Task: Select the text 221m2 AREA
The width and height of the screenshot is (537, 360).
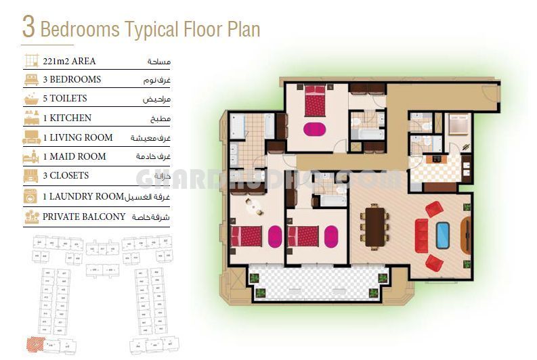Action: tap(69, 61)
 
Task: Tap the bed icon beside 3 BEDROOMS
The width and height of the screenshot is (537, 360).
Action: tap(31, 80)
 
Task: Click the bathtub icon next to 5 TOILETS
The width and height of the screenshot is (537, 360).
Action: tap(31, 99)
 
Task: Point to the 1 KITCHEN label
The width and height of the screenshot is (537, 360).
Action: tap(67, 118)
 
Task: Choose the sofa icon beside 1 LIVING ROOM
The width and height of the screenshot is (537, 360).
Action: tap(31, 138)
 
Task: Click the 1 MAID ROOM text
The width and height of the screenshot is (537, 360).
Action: tap(74, 156)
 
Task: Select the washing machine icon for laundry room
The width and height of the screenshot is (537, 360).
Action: tap(31, 196)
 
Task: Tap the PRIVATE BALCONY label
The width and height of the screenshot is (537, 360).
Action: tap(84, 217)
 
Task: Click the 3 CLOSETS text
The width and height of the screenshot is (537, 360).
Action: tap(66, 175)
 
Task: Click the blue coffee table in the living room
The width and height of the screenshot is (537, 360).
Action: tap(443, 235)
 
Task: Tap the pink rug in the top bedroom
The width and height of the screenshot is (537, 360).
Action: tap(314, 129)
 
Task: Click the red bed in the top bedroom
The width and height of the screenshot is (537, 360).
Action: tap(315, 100)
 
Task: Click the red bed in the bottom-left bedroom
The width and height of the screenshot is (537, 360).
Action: tap(246, 236)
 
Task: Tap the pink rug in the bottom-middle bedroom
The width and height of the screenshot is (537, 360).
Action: tap(331, 236)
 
